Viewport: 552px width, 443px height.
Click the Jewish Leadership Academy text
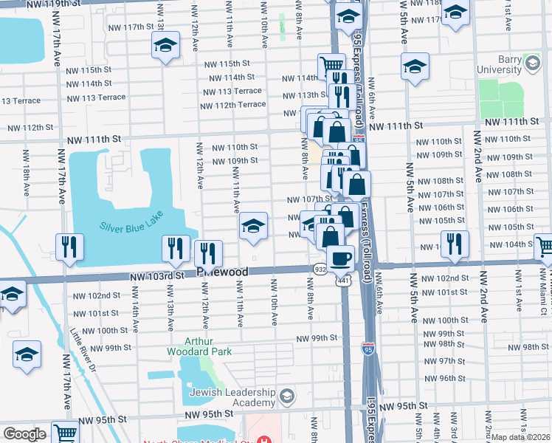(232, 399)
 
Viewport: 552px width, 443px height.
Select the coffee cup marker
(341, 259)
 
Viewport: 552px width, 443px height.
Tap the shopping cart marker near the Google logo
(65, 433)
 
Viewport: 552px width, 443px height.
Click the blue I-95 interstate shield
(368, 347)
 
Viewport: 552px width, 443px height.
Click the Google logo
(24, 434)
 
